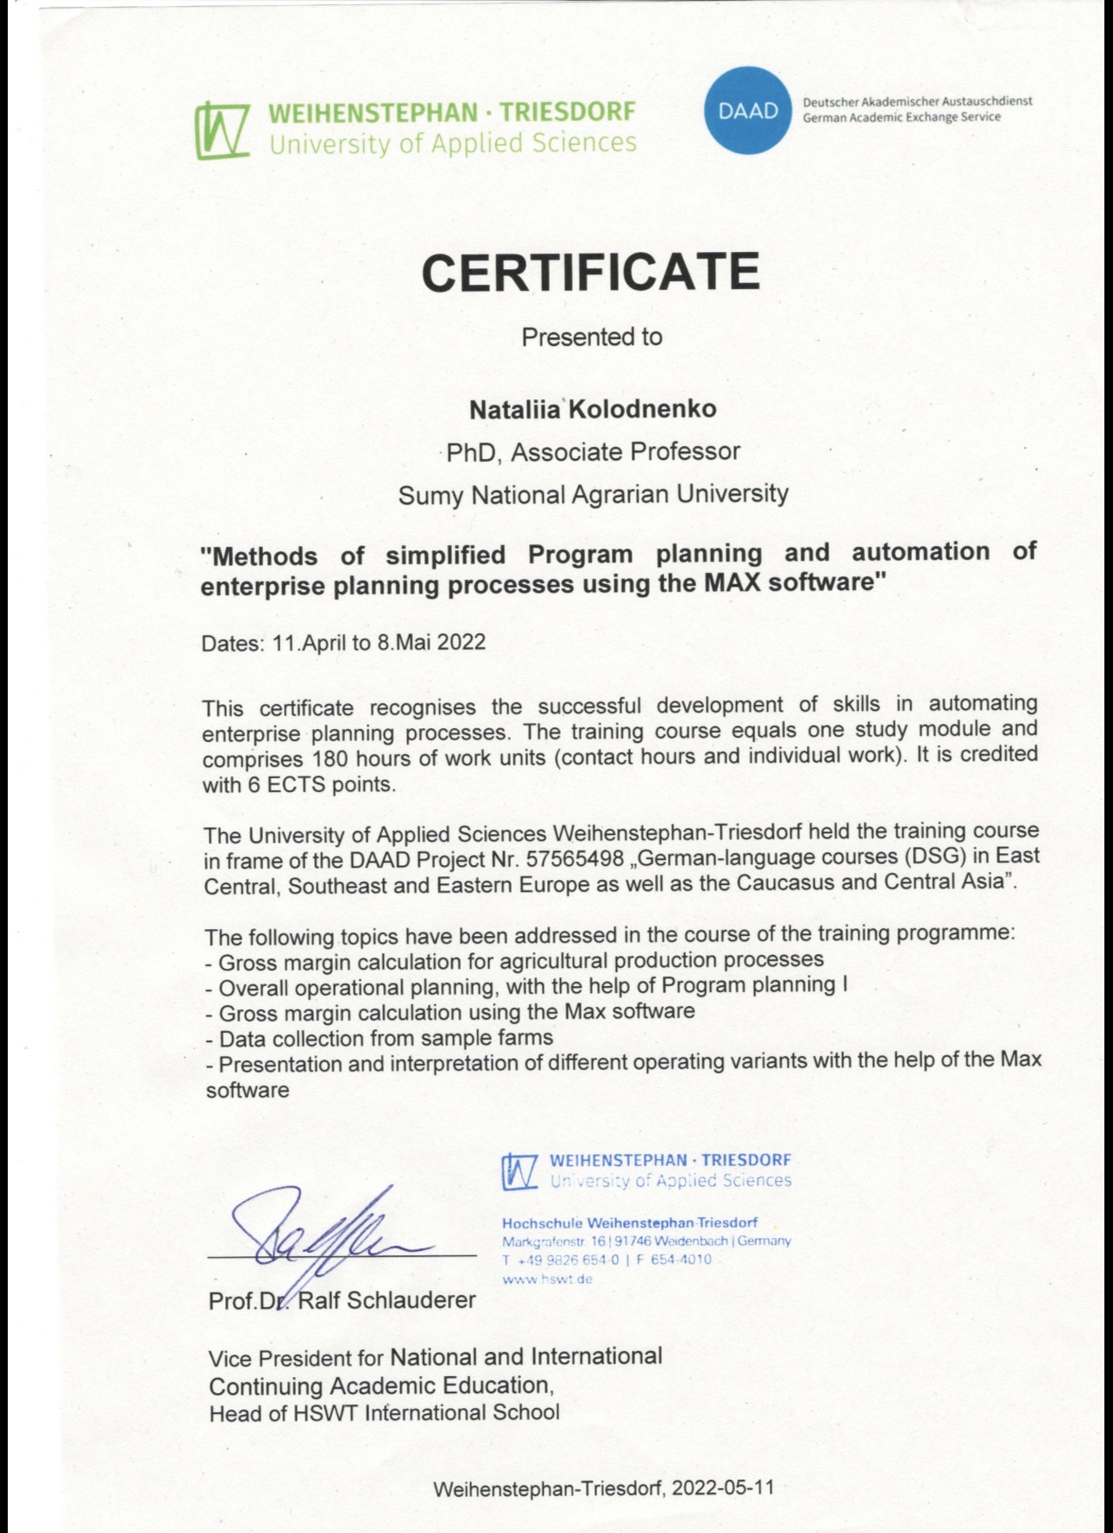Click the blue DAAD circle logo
click(x=748, y=110)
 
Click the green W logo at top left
click(x=222, y=130)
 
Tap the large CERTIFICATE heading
click(x=590, y=272)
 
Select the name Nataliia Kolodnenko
click(x=593, y=409)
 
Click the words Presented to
click(x=592, y=336)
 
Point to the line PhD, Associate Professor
click(x=593, y=451)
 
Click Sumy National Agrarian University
click(x=593, y=494)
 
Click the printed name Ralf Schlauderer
click(x=387, y=1300)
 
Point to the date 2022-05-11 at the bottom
click(x=722, y=1488)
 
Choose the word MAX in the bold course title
click(x=733, y=582)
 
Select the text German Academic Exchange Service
click(x=901, y=118)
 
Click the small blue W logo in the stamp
click(x=520, y=1171)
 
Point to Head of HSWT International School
click(x=384, y=1413)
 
